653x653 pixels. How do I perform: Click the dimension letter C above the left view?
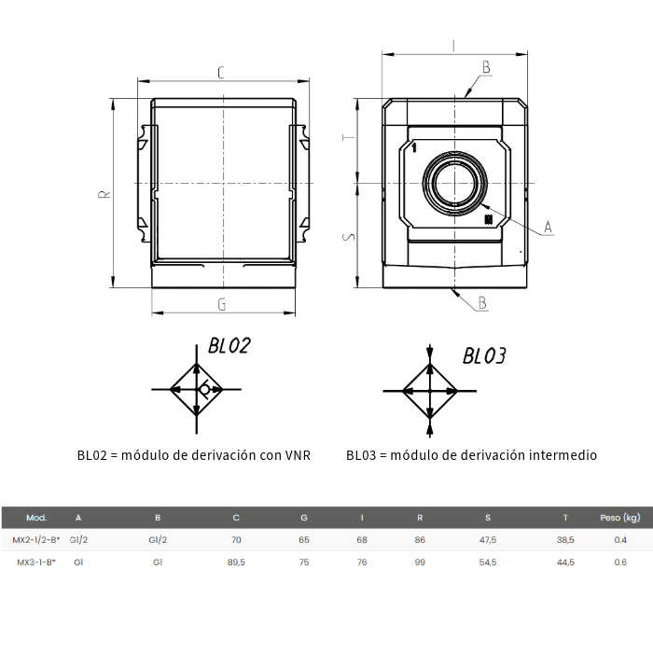(x=221, y=73)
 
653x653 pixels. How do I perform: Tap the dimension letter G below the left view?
(x=222, y=305)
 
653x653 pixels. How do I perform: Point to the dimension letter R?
(x=104, y=194)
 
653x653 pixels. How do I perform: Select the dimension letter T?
(x=349, y=137)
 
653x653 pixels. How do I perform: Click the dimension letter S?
(x=349, y=237)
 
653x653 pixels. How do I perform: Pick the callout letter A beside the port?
(x=549, y=227)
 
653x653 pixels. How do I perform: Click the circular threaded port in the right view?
(x=455, y=183)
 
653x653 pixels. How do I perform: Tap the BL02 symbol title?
(x=229, y=346)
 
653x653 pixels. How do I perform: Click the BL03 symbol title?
(x=484, y=356)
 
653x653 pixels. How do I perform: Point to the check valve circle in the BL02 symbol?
(x=204, y=389)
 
